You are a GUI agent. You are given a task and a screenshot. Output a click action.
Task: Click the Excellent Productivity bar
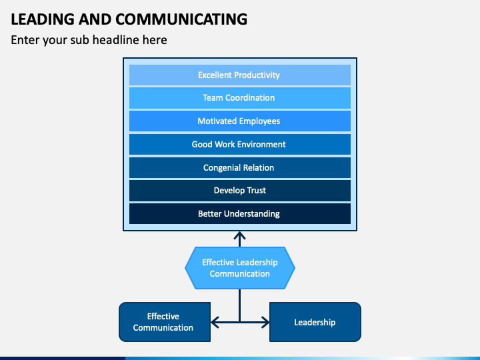coord(240,75)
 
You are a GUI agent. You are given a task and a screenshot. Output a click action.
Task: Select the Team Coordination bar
coord(240,98)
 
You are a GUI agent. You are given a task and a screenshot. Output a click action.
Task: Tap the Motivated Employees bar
coord(240,121)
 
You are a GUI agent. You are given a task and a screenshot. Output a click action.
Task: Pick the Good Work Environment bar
coord(240,145)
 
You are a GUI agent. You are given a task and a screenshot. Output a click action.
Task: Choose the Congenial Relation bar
coord(240,168)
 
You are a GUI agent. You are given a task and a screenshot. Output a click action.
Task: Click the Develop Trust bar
coord(240,191)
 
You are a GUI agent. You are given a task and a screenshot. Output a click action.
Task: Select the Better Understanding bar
coord(240,214)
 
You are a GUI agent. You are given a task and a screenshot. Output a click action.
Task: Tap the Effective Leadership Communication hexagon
coord(240,268)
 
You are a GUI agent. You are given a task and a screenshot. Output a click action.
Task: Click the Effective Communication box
coord(165,322)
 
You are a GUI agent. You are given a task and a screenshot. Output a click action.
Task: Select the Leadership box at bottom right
coord(315,322)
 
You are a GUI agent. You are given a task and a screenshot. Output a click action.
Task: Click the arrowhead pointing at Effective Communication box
coord(215,322)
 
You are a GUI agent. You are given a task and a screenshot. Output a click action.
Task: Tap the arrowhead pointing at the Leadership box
coord(265,322)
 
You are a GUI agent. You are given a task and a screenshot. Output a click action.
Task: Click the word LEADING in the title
coord(43,19)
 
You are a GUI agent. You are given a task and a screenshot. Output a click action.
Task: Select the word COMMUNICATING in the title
coord(181,19)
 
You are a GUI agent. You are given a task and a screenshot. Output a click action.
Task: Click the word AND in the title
coord(95,19)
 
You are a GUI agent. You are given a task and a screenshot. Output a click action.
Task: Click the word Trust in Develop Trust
coord(257,191)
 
